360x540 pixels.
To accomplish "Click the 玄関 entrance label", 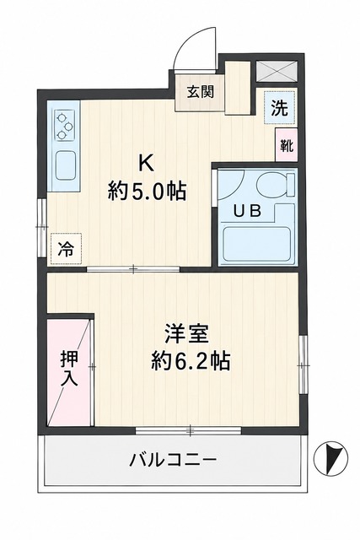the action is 200,92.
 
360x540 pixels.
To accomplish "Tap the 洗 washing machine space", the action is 279,107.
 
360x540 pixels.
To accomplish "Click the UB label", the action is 247,211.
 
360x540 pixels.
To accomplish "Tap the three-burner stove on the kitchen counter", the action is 65,126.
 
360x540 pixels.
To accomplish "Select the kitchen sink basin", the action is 66,165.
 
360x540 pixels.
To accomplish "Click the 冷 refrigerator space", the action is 66,249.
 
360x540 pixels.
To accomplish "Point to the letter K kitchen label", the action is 146,164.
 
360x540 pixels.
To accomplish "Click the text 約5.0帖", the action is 147,192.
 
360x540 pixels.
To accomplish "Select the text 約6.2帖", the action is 191,360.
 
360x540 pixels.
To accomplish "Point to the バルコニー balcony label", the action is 173,460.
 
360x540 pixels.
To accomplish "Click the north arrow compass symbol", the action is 330,458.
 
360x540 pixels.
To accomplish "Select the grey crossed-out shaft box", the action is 277,71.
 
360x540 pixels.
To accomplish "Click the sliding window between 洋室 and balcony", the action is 189,430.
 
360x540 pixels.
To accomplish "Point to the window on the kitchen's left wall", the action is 42,227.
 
